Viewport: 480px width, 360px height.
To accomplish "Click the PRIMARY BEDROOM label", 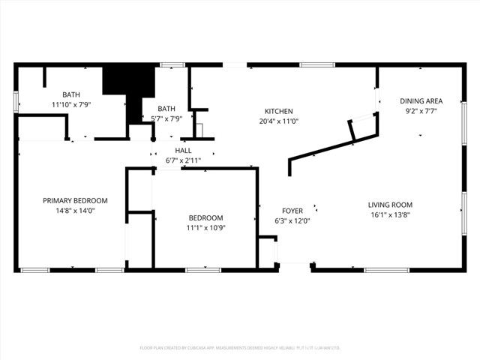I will (75, 200).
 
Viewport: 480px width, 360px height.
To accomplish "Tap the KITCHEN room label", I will (277, 111).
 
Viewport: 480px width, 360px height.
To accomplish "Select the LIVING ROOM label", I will (390, 205).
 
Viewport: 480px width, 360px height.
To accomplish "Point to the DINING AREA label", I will (421, 100).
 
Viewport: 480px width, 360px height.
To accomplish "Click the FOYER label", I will (292, 211).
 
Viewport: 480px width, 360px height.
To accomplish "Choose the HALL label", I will (183, 151).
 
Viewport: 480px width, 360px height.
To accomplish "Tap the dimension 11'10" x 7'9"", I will (71, 105).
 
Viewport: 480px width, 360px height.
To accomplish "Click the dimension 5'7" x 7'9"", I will (166, 118).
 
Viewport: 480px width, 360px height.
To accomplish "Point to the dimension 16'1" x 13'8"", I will (390, 215).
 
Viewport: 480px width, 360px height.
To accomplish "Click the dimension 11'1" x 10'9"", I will (205, 228).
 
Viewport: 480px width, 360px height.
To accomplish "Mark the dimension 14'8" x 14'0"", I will (75, 211).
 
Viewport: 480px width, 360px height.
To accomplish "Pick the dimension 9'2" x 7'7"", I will (421, 111).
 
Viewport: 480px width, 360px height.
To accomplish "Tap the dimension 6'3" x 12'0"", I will (292, 221).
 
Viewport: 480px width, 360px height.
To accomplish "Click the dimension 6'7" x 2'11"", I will (183, 160).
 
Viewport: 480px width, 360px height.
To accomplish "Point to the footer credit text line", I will (240, 348).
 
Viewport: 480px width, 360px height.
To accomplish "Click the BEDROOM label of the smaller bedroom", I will (205, 217).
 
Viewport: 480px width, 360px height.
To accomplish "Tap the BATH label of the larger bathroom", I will (71, 94).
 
